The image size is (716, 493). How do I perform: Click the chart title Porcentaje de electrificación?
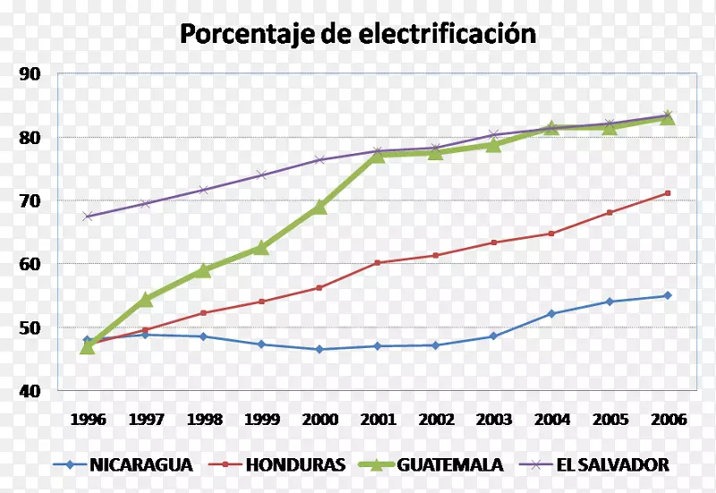[358, 33]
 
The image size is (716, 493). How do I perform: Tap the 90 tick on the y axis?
[30, 74]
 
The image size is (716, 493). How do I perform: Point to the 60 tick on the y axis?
[30, 264]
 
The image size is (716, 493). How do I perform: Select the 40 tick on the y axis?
[30, 391]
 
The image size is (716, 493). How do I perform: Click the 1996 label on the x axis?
[87, 419]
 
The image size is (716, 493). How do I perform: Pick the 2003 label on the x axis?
[494, 419]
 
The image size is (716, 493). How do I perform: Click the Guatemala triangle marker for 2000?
[320, 207]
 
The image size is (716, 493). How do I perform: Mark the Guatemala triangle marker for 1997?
[145, 299]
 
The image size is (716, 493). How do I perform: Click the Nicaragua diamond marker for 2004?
[551, 313]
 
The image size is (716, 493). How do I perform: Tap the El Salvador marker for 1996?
[87, 216]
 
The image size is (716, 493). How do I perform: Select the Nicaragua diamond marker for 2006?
[668, 295]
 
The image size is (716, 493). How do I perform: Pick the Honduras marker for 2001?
[378, 262]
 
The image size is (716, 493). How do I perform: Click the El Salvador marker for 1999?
[261, 174]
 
